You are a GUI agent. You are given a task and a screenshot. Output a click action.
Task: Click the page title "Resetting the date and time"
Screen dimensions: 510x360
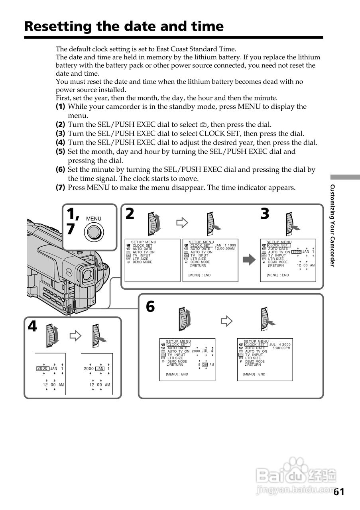click(124, 26)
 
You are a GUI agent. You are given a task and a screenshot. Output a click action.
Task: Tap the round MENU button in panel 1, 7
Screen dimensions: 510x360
click(94, 231)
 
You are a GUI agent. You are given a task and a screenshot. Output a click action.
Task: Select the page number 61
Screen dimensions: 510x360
click(339, 492)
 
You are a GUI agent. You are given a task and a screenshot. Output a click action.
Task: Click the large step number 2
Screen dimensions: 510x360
click(130, 214)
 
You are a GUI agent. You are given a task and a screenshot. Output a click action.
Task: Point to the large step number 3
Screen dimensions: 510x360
click(265, 214)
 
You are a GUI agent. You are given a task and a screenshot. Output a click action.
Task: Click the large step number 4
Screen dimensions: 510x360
click(32, 327)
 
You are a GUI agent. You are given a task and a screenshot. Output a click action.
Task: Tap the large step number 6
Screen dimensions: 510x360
click(150, 306)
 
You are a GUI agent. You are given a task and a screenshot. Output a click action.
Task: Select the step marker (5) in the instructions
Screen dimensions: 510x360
click(60, 152)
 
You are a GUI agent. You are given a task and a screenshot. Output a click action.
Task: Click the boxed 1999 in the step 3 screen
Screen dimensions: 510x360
click(296, 252)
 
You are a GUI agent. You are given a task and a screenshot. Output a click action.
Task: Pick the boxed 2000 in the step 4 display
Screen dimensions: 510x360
click(42, 369)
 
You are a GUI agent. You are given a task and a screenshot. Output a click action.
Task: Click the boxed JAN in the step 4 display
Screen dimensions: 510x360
click(100, 369)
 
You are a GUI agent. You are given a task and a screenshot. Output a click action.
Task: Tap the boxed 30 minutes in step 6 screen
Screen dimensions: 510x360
click(205, 365)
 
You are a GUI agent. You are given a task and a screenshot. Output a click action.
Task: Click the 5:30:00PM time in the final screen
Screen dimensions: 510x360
click(281, 348)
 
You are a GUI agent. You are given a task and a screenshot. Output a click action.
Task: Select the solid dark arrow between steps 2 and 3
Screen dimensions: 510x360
click(249, 260)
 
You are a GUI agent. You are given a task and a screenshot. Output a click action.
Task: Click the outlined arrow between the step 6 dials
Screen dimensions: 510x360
click(226, 321)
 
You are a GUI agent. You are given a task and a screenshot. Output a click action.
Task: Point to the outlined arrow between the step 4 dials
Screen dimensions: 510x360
click(75, 335)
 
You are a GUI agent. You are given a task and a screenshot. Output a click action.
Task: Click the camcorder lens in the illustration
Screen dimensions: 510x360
click(87, 274)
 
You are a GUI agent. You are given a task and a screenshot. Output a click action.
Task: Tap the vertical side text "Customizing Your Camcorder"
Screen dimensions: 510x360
click(332, 226)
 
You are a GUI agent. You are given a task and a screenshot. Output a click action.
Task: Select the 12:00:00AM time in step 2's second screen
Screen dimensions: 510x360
click(225, 249)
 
